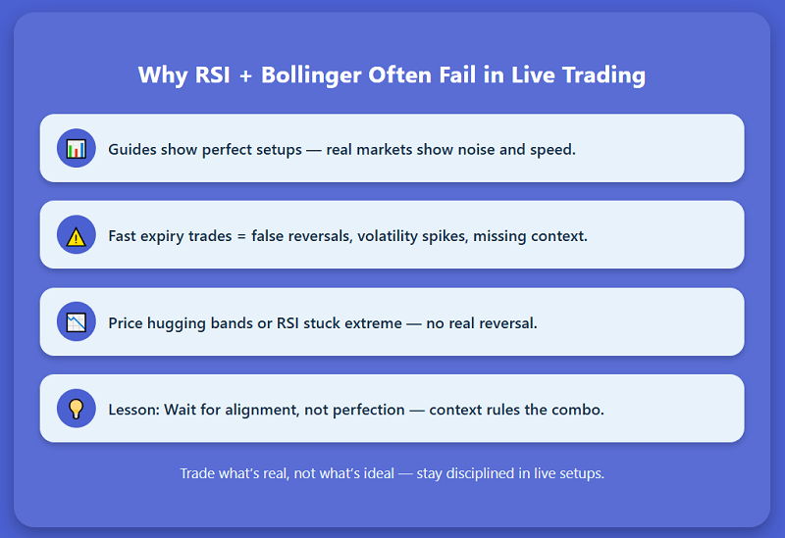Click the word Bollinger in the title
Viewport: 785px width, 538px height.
click(319, 75)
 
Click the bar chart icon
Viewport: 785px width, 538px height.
click(76, 149)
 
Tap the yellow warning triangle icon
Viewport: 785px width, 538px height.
click(76, 235)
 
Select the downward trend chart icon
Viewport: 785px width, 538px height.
click(76, 322)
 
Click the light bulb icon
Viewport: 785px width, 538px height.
click(76, 409)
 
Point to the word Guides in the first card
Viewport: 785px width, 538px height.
click(131, 150)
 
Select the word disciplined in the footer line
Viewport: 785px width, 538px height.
click(484, 473)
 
